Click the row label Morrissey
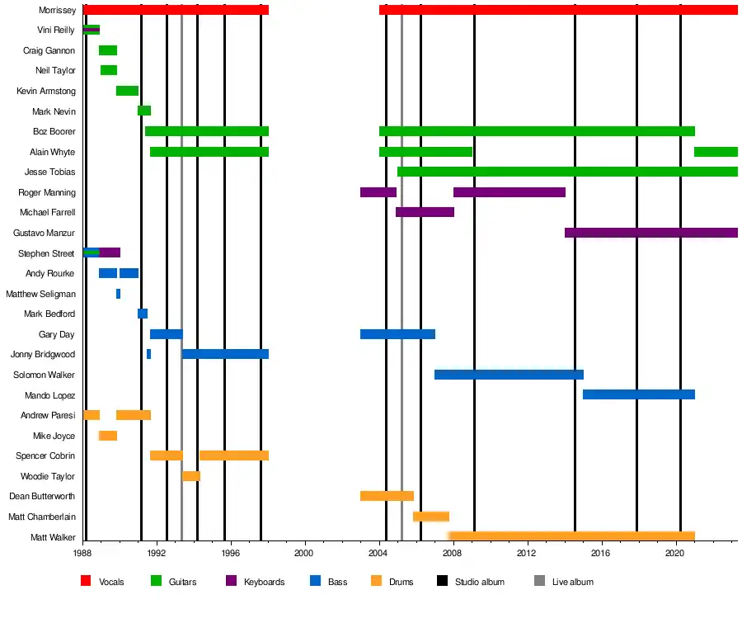[58, 10]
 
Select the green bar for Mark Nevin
[144, 111]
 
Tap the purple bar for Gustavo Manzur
[650, 233]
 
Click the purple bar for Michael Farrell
[425, 212]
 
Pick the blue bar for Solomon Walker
[509, 375]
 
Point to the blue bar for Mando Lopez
[638, 394]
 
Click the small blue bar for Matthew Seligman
[118, 294]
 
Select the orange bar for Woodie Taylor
[191, 476]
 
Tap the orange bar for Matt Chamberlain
[431, 517]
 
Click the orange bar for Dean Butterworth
[387, 496]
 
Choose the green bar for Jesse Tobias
[567, 172]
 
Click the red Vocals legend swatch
[86, 582]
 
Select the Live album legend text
[572, 582]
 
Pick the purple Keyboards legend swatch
[231, 582]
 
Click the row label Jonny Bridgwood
[43, 354]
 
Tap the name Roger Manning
[47, 192]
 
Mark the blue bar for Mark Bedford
[143, 314]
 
